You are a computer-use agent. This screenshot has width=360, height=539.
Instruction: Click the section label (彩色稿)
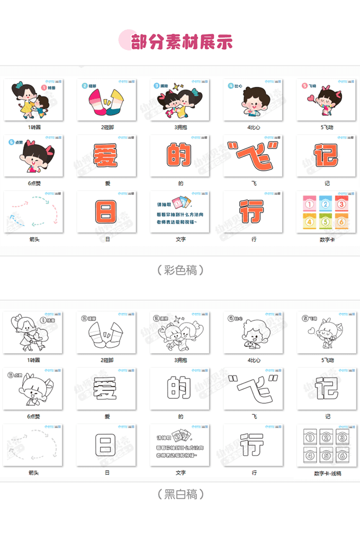pos(181,270)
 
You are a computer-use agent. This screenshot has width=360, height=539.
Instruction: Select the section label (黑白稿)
pos(181,494)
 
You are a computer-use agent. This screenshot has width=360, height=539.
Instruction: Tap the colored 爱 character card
pos(106,155)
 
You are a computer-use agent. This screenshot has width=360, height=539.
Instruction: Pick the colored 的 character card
pos(179,155)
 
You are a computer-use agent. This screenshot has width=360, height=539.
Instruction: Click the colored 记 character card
pos(326,155)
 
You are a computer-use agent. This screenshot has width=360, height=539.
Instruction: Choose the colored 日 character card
pos(106,211)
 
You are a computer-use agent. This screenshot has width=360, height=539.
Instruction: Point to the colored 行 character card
pos(253,211)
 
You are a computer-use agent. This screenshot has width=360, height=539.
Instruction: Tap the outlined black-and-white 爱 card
pos(106,388)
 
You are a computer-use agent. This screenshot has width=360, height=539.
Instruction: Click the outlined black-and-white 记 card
pos(326,388)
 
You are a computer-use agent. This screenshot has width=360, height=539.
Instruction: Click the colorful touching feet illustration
pos(106,103)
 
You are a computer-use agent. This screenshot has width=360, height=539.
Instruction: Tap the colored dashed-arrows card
pos(33,211)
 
